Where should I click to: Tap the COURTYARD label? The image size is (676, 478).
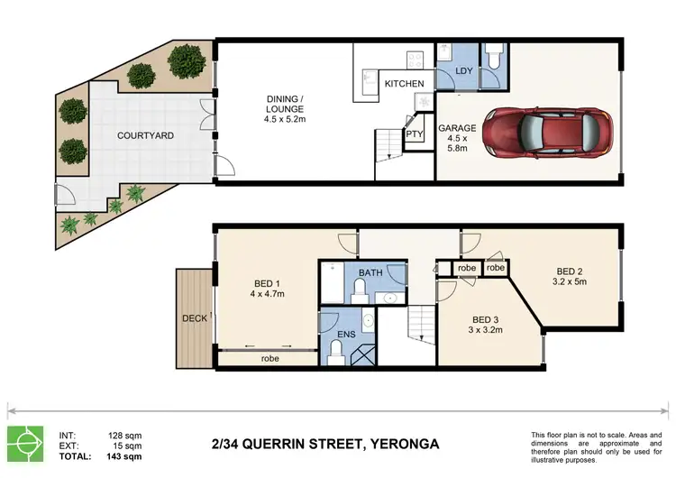[145, 135]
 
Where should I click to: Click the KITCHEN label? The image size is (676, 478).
[405, 83]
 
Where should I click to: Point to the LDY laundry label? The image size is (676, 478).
[464, 69]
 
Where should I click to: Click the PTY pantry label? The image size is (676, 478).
[415, 134]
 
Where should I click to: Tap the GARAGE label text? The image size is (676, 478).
[457, 128]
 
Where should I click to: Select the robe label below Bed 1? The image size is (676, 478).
[269, 358]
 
